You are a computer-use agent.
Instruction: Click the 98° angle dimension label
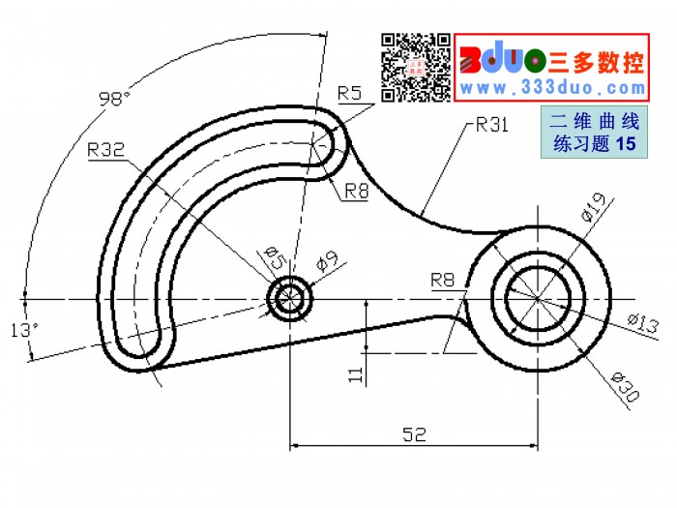pos(114,99)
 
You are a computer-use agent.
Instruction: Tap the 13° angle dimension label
pos(24,330)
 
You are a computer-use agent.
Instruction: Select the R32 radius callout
pos(105,149)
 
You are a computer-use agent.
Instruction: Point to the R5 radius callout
pos(349,93)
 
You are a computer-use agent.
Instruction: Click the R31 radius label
pos(491,125)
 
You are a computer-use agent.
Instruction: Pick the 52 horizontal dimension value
pos(414,434)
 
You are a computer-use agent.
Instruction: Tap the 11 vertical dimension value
pos(356,374)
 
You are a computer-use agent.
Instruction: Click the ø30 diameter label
pos(625,387)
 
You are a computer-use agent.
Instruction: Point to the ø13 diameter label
pos(643,323)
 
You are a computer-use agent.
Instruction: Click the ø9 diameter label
pos(327,261)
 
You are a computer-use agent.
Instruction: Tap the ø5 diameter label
pos(275,257)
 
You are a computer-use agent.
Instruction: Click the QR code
pos(415,68)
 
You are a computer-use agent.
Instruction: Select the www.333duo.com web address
pos(552,88)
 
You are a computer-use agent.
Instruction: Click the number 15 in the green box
pos(626,143)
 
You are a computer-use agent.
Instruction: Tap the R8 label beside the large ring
pos(443,280)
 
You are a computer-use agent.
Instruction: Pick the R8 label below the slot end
pos(357,191)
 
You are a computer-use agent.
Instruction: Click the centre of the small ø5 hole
pos(290,298)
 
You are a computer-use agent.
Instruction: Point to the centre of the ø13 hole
pos(538,298)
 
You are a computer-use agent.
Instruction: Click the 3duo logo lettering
pos(504,59)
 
